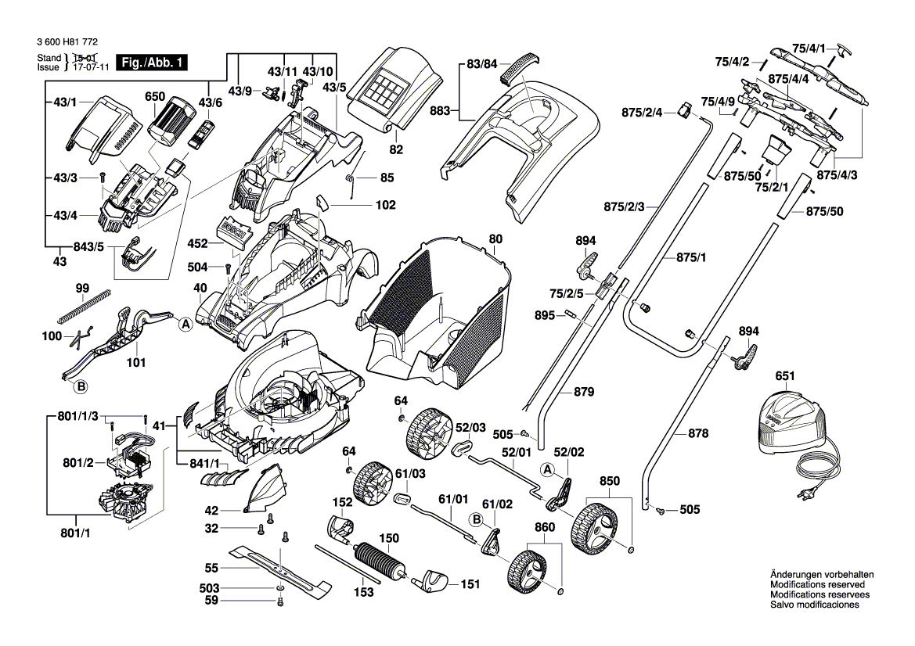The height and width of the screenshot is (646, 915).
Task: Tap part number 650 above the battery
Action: point(155,97)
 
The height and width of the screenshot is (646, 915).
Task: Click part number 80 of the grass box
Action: point(495,239)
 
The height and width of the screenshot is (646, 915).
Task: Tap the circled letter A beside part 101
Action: point(186,325)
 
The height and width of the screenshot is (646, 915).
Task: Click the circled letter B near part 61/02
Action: point(475,519)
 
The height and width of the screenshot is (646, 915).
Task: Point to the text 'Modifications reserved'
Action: point(817,585)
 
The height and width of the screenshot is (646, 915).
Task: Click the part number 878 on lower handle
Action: point(698,432)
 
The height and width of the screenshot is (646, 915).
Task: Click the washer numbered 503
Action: point(279,587)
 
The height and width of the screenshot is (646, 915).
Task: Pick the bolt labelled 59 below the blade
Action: point(279,601)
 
